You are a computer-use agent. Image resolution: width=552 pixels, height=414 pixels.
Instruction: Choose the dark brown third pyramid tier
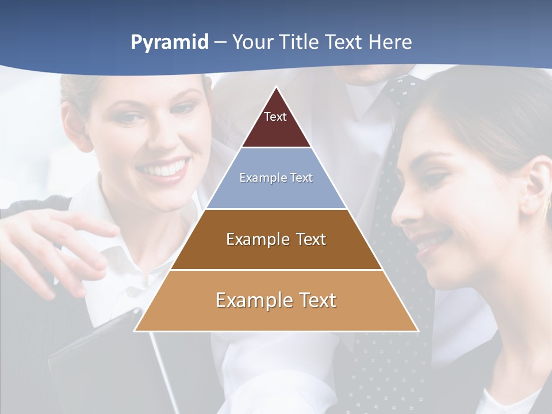(276, 253)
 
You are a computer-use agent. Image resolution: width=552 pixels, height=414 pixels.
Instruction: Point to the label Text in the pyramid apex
(275, 117)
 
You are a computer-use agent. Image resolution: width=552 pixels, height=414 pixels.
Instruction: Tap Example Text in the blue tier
(276, 178)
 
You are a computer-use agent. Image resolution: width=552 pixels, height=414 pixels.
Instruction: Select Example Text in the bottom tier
(276, 300)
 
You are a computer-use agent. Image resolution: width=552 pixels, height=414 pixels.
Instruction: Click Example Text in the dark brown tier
(276, 239)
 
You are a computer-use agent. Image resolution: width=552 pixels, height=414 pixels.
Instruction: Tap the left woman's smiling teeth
(163, 170)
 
